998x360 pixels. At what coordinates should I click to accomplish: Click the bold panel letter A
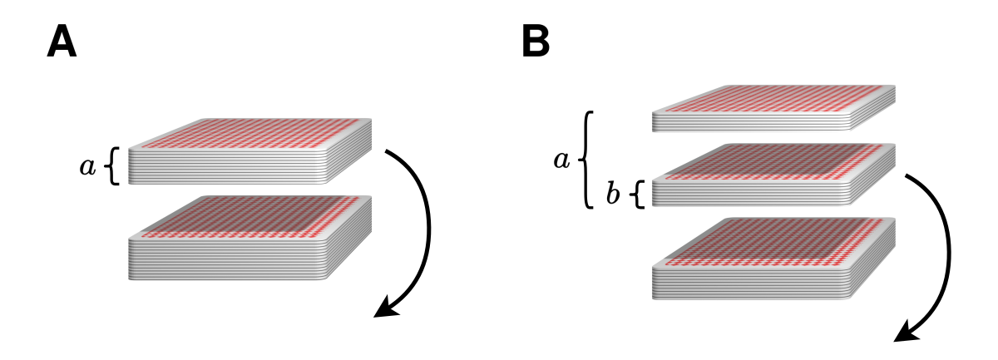pyautogui.click(x=62, y=42)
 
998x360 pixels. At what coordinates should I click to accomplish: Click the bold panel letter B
pyautogui.click(x=536, y=42)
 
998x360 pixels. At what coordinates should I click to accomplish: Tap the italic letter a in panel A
pyautogui.click(x=87, y=166)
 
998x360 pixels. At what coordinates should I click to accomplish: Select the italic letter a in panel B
pyautogui.click(x=561, y=160)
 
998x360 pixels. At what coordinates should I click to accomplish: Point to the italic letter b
pyautogui.click(x=613, y=194)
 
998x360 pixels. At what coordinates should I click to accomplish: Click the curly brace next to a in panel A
pyautogui.click(x=113, y=165)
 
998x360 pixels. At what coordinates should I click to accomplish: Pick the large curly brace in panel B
pyautogui.click(x=585, y=160)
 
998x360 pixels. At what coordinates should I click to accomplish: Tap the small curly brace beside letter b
pyautogui.click(x=639, y=195)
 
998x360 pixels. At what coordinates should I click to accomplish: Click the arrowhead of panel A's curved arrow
pyautogui.click(x=386, y=308)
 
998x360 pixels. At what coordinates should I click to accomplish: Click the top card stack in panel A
pyautogui.click(x=250, y=151)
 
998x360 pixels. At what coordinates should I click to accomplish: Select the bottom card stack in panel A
pyautogui.click(x=250, y=238)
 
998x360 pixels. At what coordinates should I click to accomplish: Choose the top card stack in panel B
pyautogui.click(x=774, y=108)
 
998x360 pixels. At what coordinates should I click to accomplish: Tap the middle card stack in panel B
pyautogui.click(x=774, y=175)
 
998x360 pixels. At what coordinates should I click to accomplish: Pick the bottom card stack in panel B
pyautogui.click(x=774, y=259)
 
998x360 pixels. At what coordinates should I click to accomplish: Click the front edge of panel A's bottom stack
pyautogui.click(x=228, y=259)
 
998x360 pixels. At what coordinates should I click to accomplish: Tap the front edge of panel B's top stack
pyautogui.click(x=752, y=121)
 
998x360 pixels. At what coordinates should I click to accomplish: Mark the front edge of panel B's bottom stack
pyautogui.click(x=752, y=283)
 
